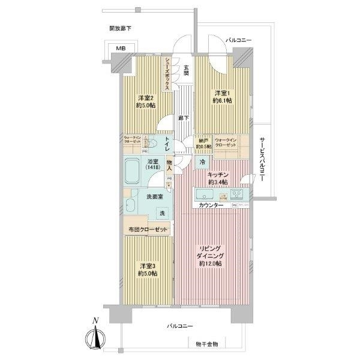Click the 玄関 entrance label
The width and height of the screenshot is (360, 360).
pos(187,70)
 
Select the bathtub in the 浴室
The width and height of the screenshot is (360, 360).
pos(133,171)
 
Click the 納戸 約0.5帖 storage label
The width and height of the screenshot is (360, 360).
pos(203,144)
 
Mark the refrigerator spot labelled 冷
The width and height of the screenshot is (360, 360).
pos(202,162)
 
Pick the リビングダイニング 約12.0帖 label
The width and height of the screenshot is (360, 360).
pos(211,255)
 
